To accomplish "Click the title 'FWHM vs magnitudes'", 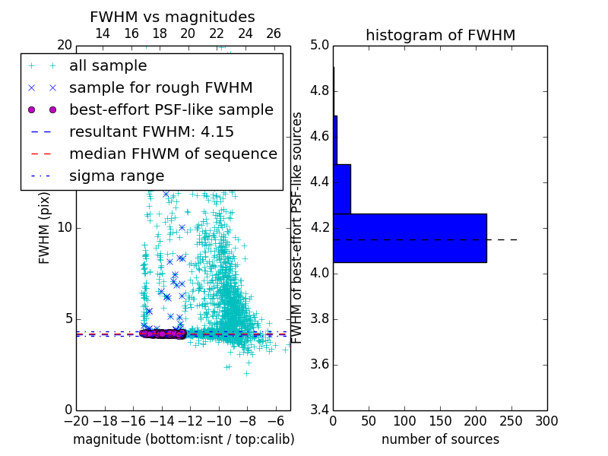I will coord(172,17).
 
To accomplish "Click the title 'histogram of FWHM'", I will coord(440,35).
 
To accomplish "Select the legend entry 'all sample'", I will coord(108,66).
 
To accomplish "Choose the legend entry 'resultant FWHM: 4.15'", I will coord(151,131).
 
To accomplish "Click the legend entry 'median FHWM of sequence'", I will coord(173,154).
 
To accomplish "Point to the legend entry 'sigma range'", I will coord(116,176).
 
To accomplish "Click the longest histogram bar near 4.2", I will coord(410,238).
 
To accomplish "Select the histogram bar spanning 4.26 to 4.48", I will coord(342,189).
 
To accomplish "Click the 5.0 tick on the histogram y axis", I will coord(320,46).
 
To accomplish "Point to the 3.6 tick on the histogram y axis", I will coord(320,364).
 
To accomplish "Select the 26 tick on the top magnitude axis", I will coord(274,33).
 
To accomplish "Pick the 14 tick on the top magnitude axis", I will coord(102,33).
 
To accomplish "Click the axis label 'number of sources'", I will coord(440,439).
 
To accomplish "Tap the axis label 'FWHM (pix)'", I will coord(45,227).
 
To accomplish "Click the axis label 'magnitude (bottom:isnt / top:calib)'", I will coord(183,439).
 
